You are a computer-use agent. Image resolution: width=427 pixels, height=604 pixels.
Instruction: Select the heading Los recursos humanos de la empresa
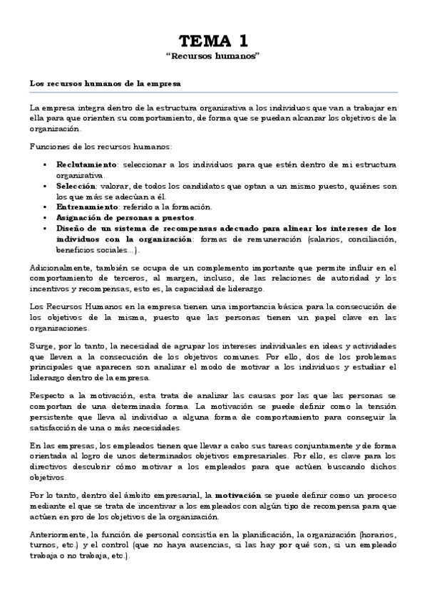pyautogui.click(x=105, y=83)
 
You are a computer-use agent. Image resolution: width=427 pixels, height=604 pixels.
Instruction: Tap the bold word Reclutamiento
pyautogui.click(x=87, y=165)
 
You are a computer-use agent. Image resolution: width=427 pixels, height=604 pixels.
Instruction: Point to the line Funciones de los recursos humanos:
pyautogui.click(x=101, y=146)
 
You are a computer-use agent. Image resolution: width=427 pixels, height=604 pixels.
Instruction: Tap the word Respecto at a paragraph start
pyautogui.click(x=48, y=395)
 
